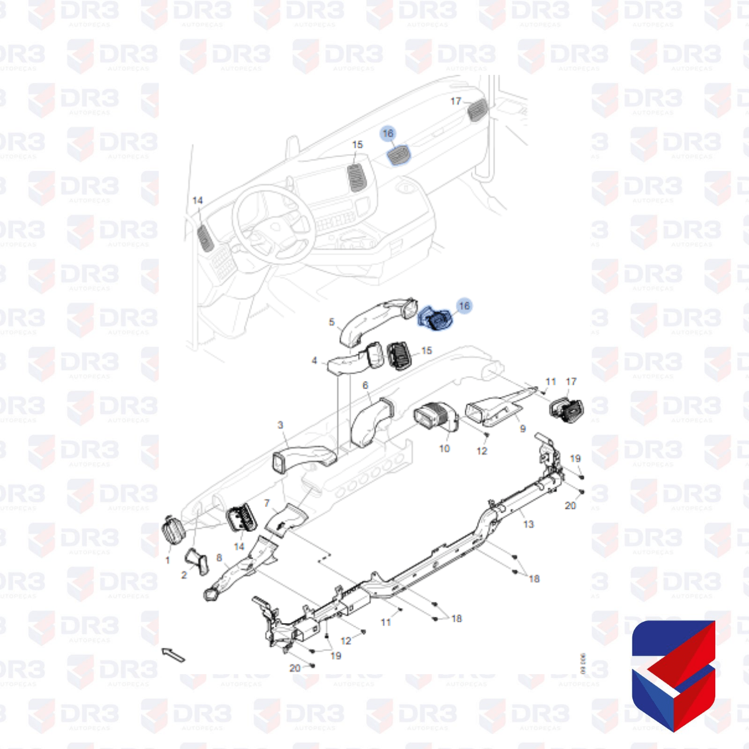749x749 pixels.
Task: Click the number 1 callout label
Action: (x=167, y=560)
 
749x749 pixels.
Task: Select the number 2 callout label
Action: (x=184, y=575)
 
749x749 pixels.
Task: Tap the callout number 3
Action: (x=281, y=425)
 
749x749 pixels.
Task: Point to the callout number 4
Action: (x=315, y=360)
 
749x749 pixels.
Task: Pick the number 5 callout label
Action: (x=332, y=322)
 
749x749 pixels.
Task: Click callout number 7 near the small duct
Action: (x=267, y=503)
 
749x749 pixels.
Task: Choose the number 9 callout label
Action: (x=523, y=428)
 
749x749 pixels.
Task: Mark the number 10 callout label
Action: (x=444, y=448)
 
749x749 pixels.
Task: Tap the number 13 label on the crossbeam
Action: (x=529, y=524)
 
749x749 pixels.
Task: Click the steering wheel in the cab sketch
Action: (x=273, y=226)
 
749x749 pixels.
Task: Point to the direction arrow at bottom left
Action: (x=174, y=655)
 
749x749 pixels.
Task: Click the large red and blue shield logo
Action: (x=674, y=675)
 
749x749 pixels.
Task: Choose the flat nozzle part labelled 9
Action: (x=496, y=409)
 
